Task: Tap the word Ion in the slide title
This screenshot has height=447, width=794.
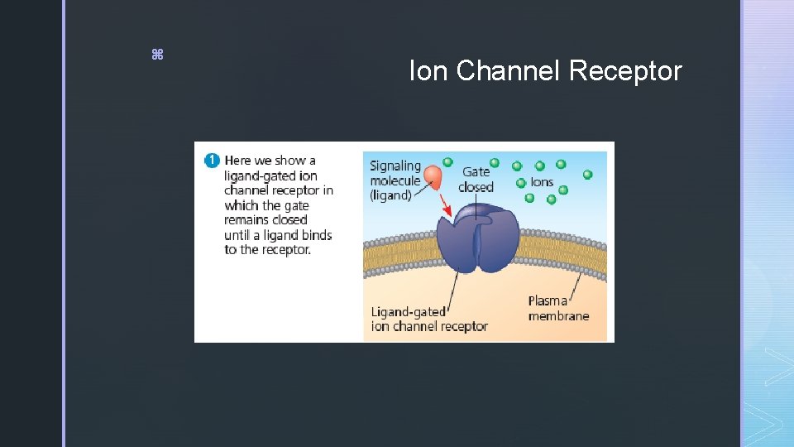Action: click(x=427, y=72)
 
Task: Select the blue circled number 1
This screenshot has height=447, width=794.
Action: click(x=212, y=160)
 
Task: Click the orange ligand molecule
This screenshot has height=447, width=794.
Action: click(x=433, y=175)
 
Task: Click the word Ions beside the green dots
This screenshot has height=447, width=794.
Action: click(x=542, y=182)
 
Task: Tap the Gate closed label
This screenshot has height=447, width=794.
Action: click(x=476, y=179)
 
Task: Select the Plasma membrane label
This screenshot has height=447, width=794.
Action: click(x=558, y=308)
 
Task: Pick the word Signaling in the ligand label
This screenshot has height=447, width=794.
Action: click(x=395, y=166)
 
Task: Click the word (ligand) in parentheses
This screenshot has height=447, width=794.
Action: click(x=390, y=195)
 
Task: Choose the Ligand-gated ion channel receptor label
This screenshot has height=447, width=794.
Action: click(x=428, y=319)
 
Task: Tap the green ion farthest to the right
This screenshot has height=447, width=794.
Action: click(x=587, y=175)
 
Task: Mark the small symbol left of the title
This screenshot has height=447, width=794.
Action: click(x=157, y=55)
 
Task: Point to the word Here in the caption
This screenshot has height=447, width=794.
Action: click(x=237, y=161)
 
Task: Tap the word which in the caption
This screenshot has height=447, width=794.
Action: click(x=242, y=205)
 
